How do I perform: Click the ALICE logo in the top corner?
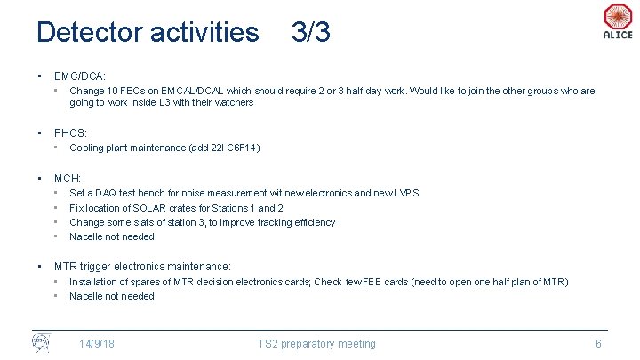click(617, 21)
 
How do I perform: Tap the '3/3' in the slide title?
click(310, 33)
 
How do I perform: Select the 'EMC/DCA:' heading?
click(80, 76)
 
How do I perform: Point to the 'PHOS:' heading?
click(70, 133)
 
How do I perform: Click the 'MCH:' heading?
click(68, 179)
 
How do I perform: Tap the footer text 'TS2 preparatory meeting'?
click(316, 344)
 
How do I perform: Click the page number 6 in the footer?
click(598, 344)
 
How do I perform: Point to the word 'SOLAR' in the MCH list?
click(148, 208)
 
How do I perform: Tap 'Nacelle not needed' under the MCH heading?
click(112, 236)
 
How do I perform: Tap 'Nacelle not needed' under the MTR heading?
click(112, 296)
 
